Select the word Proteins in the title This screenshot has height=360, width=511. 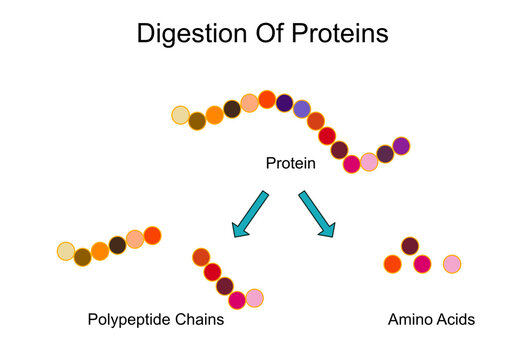point(339,34)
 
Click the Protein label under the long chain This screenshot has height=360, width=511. point(290,162)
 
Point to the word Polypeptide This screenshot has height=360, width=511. point(128,321)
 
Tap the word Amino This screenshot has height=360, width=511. point(408,321)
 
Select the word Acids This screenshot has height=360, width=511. point(455,321)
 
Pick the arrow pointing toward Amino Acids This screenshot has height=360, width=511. point(318,215)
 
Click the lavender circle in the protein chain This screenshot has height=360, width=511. point(301,109)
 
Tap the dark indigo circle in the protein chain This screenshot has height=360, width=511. point(284,103)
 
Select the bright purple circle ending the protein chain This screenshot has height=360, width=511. point(401,146)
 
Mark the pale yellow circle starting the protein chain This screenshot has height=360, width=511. point(180,115)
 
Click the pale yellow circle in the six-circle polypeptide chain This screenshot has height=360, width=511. point(66,250)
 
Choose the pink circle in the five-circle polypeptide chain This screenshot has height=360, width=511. point(254,298)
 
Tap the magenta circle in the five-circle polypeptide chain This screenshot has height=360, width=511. point(237,299)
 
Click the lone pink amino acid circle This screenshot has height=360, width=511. point(452,264)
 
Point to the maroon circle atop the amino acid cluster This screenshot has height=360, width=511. point(410,246)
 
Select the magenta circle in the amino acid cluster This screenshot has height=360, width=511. point(422,264)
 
